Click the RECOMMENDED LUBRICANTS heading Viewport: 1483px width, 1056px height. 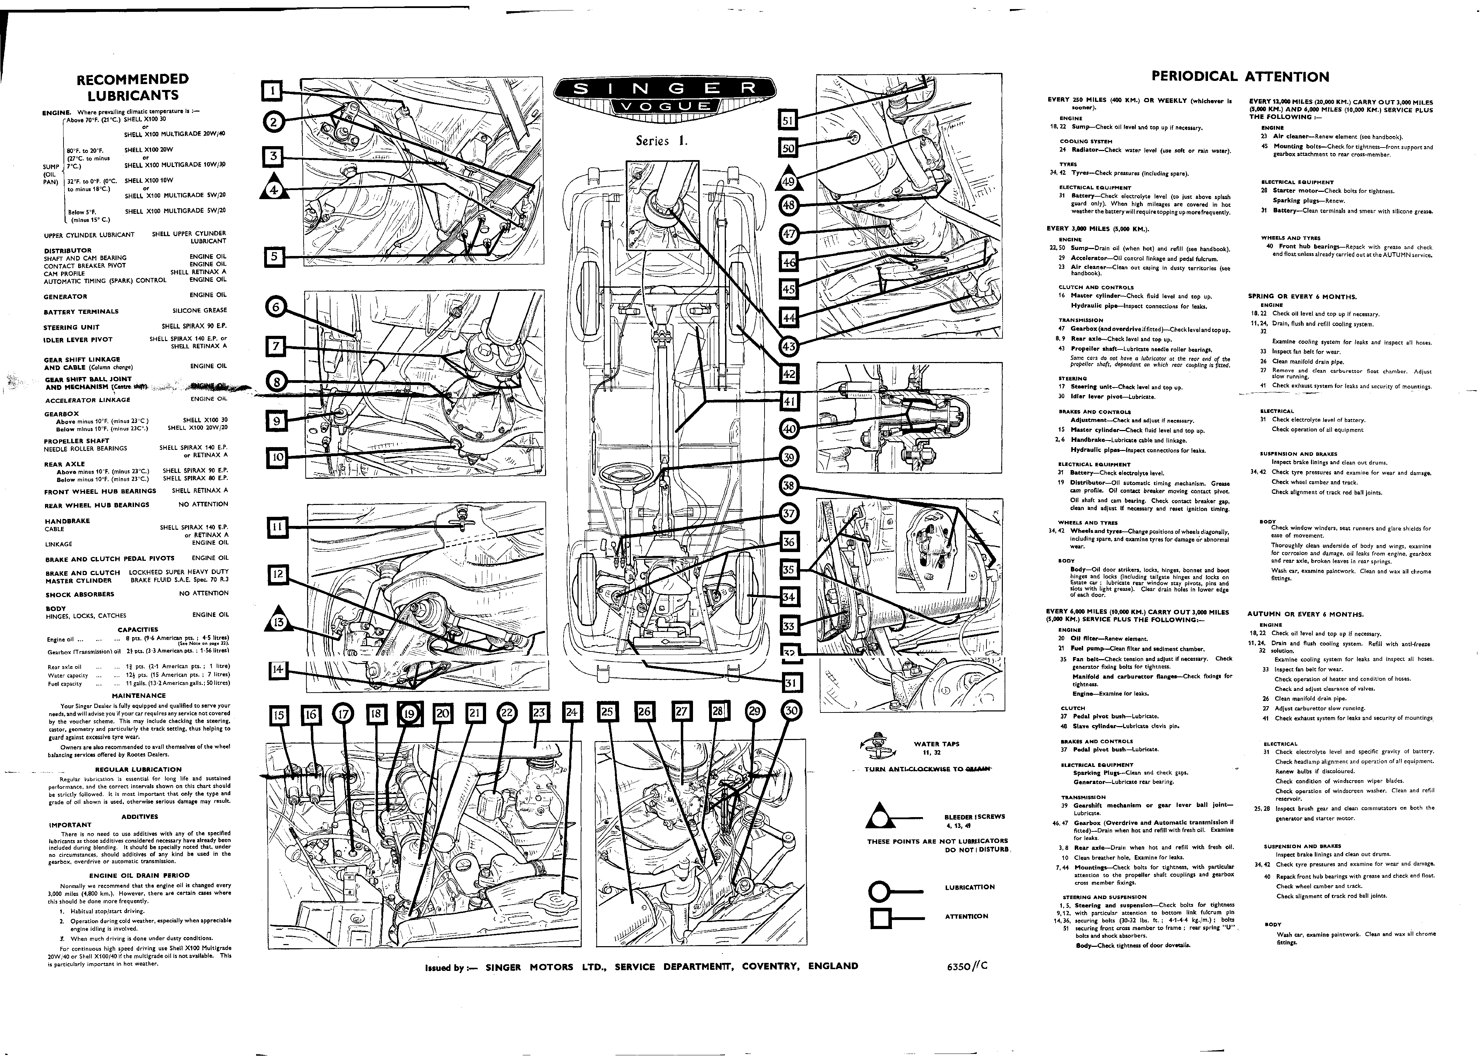pos(133,87)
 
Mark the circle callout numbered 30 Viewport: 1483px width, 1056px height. pos(791,711)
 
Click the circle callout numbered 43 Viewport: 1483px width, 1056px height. pos(788,347)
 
